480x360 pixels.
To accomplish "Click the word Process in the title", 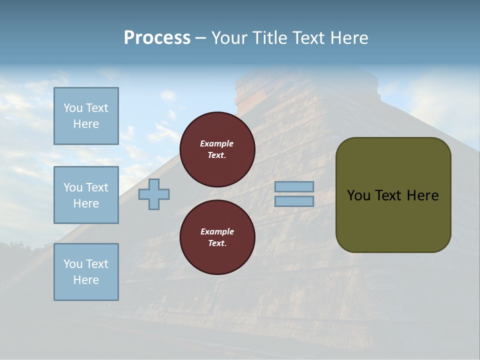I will click(157, 38).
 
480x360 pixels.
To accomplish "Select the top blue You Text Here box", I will click(86, 116).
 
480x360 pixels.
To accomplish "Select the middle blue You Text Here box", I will click(86, 195).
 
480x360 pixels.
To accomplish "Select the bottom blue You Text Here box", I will click(86, 272).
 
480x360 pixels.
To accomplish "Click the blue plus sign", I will click(154, 194).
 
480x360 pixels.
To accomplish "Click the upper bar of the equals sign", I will click(294, 186).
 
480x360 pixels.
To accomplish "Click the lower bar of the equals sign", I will click(294, 201).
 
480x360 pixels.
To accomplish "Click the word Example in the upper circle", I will click(217, 143).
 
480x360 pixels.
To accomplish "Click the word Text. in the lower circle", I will click(217, 243).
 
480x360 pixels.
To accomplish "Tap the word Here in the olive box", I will click(422, 195).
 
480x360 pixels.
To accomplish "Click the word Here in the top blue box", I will click(86, 124).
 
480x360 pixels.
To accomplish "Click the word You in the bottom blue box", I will click(73, 264).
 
